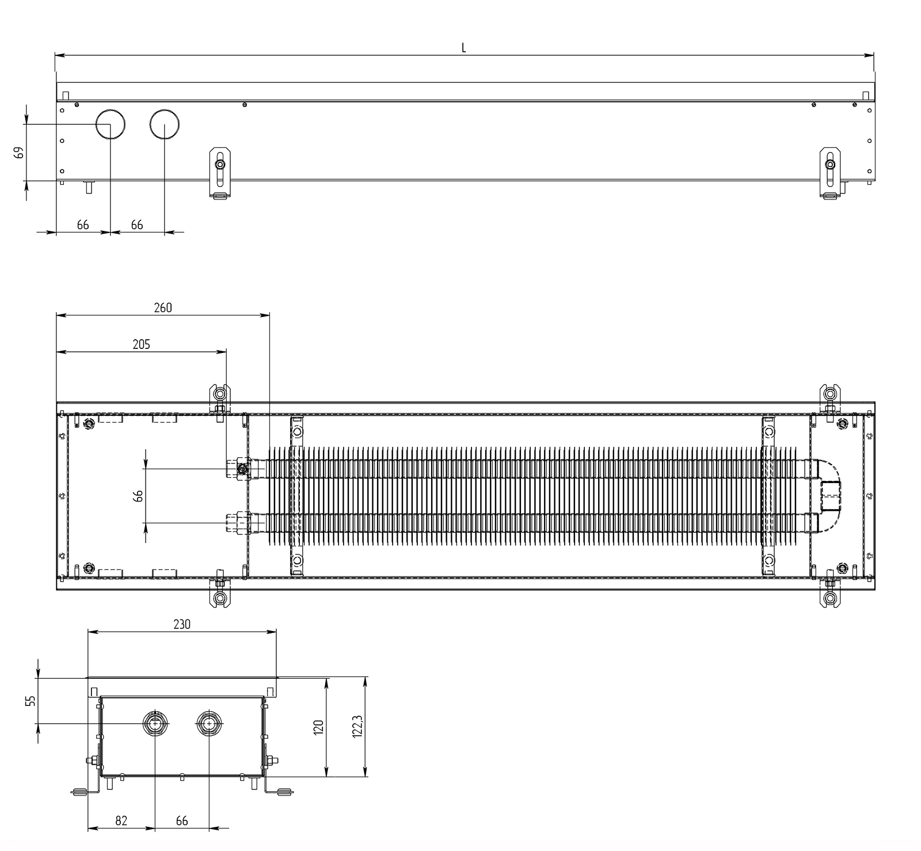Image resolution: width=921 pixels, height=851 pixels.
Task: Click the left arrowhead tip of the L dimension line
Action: coord(55,55)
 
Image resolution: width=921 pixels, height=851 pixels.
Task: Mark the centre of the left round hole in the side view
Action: coord(110,124)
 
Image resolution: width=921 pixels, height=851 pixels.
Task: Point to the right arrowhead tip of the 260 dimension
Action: coord(269,314)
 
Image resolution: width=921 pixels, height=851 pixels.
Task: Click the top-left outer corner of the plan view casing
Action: coord(56,402)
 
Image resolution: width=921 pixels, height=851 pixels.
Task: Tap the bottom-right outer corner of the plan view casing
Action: coord(874,590)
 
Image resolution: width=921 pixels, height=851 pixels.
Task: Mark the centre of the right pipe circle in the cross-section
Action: coord(209,723)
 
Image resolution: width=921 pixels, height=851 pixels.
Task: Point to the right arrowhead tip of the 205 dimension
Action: coord(226,351)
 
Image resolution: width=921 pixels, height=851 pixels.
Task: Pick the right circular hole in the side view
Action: coord(165,124)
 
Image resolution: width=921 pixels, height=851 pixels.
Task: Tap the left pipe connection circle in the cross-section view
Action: coord(155,723)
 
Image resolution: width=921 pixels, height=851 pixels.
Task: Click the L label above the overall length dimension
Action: coord(464,48)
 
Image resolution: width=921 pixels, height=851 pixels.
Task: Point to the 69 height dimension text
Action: coord(19,153)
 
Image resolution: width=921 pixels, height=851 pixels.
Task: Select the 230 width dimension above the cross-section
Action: coord(182,624)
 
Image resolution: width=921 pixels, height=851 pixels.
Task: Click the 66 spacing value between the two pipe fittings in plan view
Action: coord(138,496)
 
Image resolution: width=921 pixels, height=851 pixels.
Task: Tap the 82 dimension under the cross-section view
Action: coord(121,821)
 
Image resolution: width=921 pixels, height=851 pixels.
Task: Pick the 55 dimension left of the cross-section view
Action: coord(31,700)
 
